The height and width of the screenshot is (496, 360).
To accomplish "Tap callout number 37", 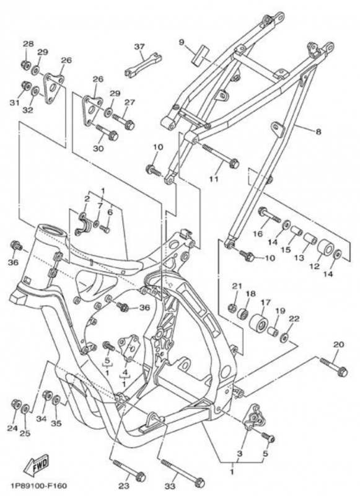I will click(x=139, y=47).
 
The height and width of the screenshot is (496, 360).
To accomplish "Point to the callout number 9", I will click(x=182, y=42).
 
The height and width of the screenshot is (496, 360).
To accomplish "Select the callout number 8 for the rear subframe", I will click(x=318, y=131).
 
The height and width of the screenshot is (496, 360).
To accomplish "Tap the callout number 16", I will click(x=257, y=234).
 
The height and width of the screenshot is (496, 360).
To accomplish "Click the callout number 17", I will click(x=265, y=303).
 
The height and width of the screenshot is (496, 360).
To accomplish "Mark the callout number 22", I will click(x=294, y=318).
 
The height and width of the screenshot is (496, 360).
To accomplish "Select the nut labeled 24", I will click(x=16, y=405).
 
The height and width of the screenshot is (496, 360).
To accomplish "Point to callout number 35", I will click(x=56, y=424).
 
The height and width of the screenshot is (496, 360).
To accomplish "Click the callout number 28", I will click(x=28, y=43).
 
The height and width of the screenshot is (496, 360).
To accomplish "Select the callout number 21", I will click(x=236, y=285).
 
